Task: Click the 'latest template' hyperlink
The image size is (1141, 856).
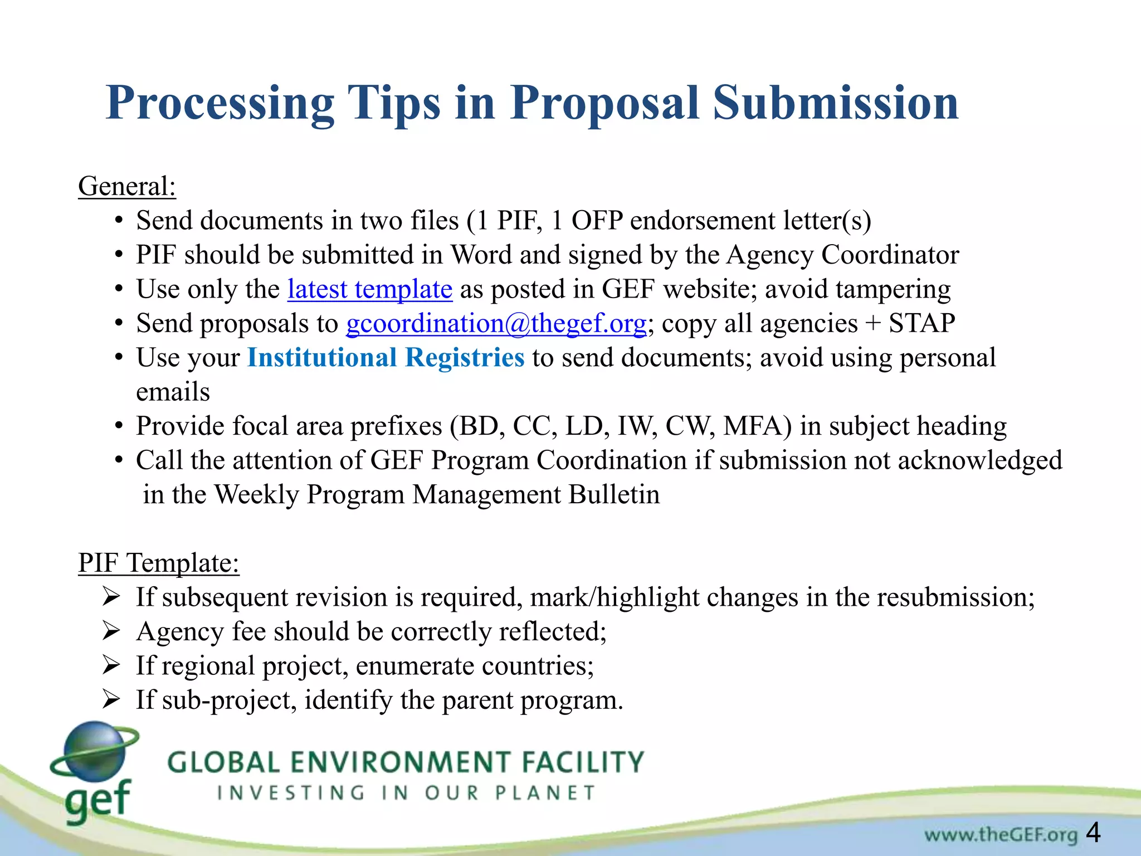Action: click(x=369, y=289)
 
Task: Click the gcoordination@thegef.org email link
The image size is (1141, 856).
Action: click(x=496, y=323)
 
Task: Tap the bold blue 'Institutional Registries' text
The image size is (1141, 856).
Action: click(x=386, y=358)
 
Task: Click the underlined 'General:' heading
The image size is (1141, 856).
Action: click(x=127, y=186)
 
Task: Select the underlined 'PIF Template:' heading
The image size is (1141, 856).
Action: click(x=159, y=563)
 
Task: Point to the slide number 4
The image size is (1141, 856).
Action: click(x=1093, y=833)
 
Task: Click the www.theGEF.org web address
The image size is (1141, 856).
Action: click(x=1001, y=834)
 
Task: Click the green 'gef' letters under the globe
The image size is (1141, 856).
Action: click(x=98, y=800)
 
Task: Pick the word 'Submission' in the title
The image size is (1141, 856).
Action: click(x=836, y=103)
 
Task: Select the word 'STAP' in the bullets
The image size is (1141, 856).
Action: click(x=921, y=323)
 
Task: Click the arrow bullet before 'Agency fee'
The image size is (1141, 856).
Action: click(x=111, y=631)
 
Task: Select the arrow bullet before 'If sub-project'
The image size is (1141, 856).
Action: click(x=111, y=700)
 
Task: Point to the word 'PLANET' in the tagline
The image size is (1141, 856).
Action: click(x=545, y=792)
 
